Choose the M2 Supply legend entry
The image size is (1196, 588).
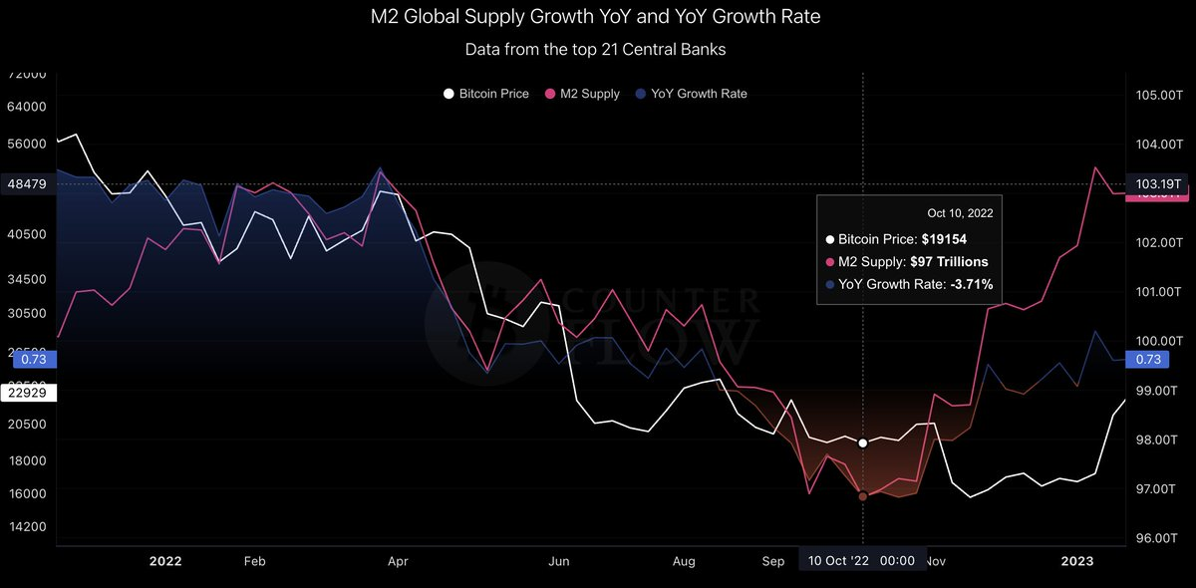(x=589, y=94)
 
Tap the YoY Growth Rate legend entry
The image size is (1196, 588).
(x=698, y=94)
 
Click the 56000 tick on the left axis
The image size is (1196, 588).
(x=28, y=144)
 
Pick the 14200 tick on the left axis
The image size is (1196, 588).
(x=28, y=527)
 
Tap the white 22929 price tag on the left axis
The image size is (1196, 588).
(x=28, y=394)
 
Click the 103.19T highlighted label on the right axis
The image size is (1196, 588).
(x=1158, y=184)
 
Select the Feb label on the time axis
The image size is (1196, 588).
(x=254, y=561)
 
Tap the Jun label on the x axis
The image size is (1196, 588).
(x=558, y=561)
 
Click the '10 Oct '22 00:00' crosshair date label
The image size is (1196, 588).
(x=862, y=561)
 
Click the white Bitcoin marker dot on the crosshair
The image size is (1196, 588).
(x=863, y=442)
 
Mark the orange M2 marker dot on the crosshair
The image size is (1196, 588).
(x=863, y=496)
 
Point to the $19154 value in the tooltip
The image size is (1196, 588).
(x=944, y=239)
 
